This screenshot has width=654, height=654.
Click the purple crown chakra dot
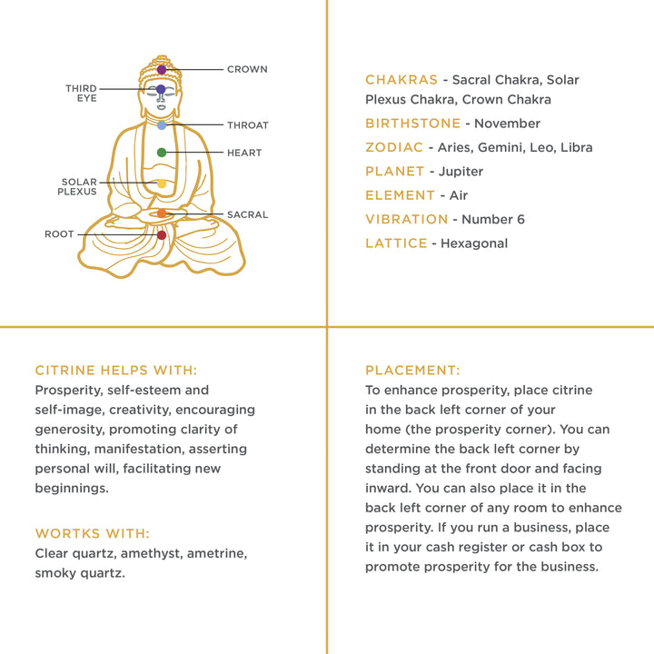pyautogui.click(x=162, y=69)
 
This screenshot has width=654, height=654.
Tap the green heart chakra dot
pyautogui.click(x=162, y=153)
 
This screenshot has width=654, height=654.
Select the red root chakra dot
pyautogui.click(x=162, y=235)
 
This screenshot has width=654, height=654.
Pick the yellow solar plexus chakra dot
pyautogui.click(x=162, y=183)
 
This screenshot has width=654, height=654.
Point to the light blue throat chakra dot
pyautogui.click(x=162, y=125)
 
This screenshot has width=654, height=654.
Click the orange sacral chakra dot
pyautogui.click(x=162, y=213)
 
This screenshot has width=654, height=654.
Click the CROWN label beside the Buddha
pyautogui.click(x=247, y=69)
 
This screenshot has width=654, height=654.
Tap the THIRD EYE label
pyautogui.click(x=81, y=93)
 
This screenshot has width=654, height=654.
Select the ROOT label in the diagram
pyautogui.click(x=59, y=234)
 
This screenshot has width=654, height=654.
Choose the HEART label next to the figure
pyautogui.click(x=244, y=153)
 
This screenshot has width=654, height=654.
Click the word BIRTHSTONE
pyautogui.click(x=407, y=124)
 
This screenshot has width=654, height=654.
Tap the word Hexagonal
pyautogui.click(x=474, y=243)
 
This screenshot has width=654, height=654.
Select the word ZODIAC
pyautogui.click(x=394, y=147)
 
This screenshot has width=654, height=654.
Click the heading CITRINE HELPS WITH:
pyautogui.click(x=115, y=371)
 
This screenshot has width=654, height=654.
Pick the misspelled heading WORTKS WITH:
pyautogui.click(x=93, y=533)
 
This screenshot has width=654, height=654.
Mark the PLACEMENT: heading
pyautogui.click(x=412, y=371)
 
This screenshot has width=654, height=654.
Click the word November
pyautogui.click(x=508, y=124)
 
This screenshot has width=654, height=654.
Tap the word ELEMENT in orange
pyautogui.click(x=400, y=195)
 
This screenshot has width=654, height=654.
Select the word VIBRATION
pyautogui.click(x=406, y=219)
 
